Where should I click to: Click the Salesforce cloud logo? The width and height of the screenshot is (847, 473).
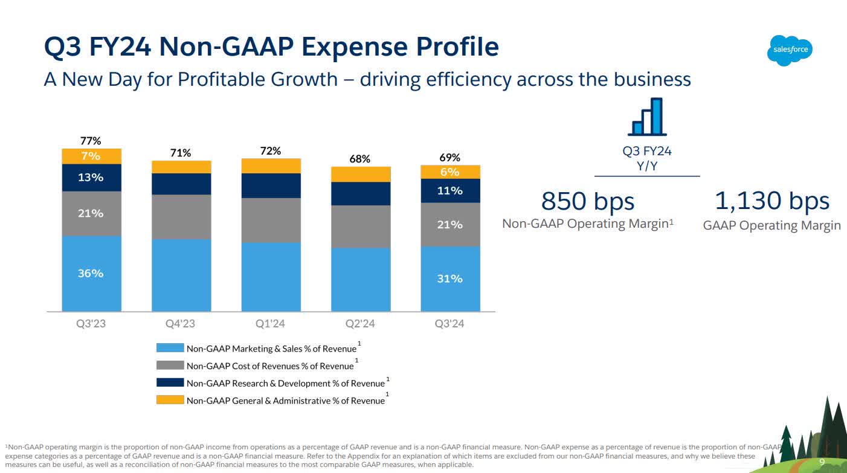(x=790, y=50)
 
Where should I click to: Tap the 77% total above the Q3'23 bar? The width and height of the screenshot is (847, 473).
(x=91, y=141)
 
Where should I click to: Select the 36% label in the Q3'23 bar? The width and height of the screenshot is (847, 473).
(x=91, y=273)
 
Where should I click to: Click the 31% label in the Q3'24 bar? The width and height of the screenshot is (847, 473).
(x=450, y=278)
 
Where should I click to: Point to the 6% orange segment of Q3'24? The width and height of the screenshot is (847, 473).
(x=450, y=172)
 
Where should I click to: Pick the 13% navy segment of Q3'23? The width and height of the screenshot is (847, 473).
(x=91, y=178)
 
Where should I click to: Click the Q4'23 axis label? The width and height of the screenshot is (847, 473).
(x=180, y=324)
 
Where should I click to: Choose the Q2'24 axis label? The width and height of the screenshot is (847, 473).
(x=360, y=324)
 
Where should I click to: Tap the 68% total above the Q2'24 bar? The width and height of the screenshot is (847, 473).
(x=360, y=159)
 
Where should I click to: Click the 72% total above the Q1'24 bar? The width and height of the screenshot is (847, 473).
(x=270, y=151)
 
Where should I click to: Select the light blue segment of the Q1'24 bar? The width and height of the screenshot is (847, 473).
(x=271, y=277)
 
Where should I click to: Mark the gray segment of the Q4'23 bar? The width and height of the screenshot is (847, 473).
(x=181, y=217)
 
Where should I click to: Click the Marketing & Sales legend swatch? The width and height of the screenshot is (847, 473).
(x=170, y=348)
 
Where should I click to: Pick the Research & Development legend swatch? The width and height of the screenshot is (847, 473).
(x=170, y=382)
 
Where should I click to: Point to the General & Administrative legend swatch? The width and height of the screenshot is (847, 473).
(x=170, y=400)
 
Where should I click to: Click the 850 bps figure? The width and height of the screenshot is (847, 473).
(x=588, y=201)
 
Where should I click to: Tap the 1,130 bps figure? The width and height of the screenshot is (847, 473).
(x=771, y=201)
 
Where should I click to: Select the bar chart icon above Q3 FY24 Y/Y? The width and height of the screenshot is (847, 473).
(x=647, y=117)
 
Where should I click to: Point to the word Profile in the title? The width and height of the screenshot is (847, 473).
(x=448, y=47)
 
